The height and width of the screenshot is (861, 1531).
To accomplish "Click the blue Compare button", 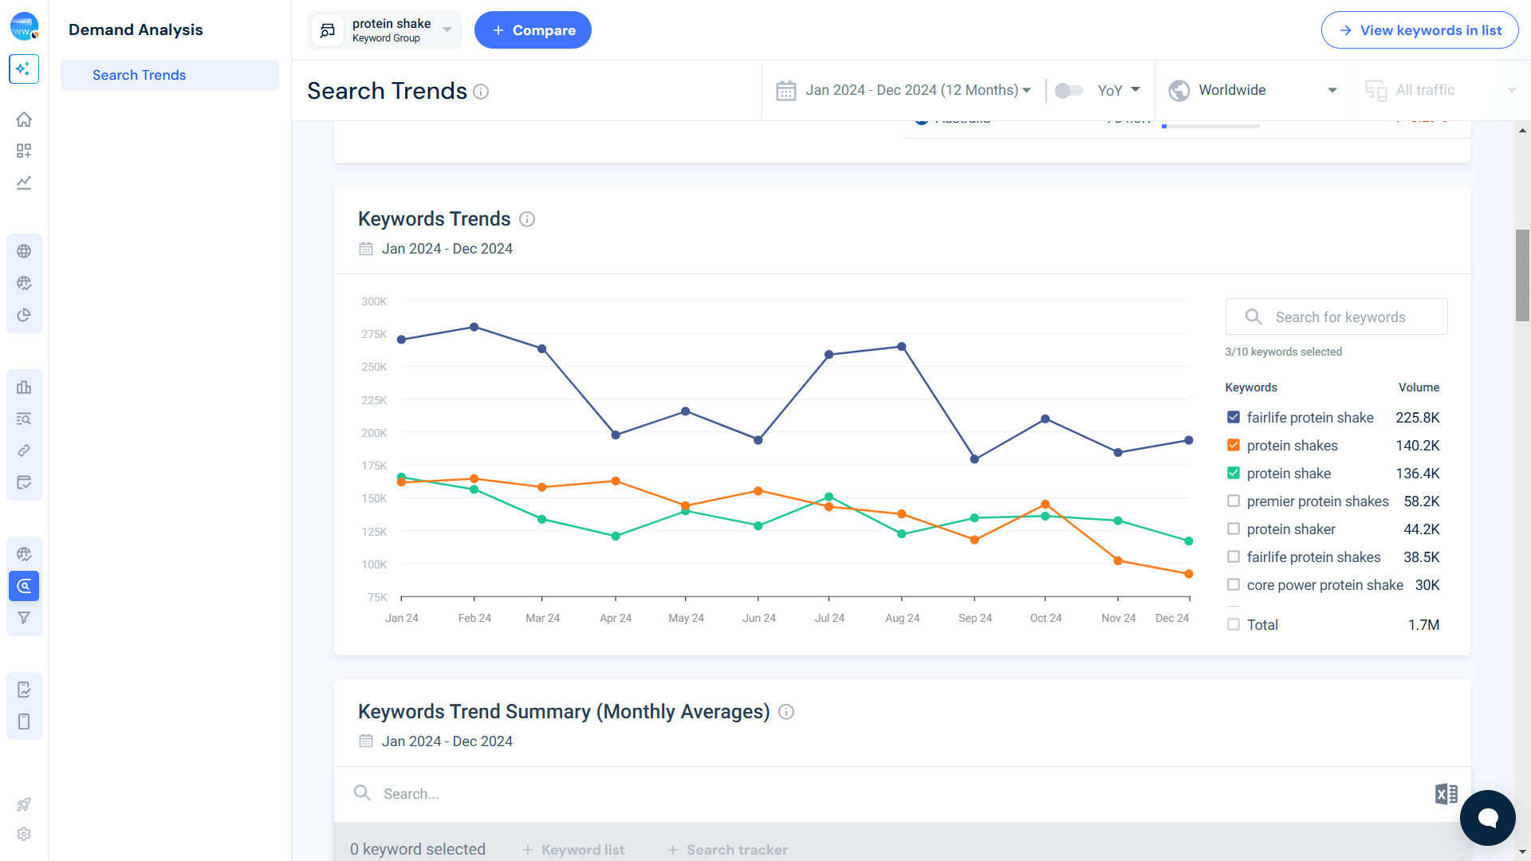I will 533,30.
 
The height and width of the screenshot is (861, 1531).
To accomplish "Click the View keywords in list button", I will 1419,30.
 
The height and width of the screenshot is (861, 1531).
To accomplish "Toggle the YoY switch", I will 1069,91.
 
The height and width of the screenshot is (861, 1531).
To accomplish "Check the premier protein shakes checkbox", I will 1234,501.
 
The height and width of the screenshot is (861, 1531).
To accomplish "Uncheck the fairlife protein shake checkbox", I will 1234,418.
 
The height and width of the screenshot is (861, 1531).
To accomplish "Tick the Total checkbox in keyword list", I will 1234,625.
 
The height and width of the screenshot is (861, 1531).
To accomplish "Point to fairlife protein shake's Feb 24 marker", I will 474,327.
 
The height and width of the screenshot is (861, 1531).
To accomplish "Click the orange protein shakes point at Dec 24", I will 1189,574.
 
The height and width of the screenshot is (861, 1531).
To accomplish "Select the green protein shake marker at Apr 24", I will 616,537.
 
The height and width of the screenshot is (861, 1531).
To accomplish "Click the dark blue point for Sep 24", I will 974,459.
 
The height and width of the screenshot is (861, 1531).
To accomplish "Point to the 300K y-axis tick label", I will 374,301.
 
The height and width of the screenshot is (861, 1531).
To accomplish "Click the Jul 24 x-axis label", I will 829,618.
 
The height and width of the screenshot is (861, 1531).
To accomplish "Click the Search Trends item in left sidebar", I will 139,75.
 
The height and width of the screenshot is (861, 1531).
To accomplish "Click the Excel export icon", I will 1446,794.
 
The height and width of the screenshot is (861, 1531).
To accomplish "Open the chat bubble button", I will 1487,818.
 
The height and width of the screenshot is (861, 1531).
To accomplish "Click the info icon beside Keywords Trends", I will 527,219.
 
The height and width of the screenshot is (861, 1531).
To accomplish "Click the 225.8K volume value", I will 1417,418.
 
